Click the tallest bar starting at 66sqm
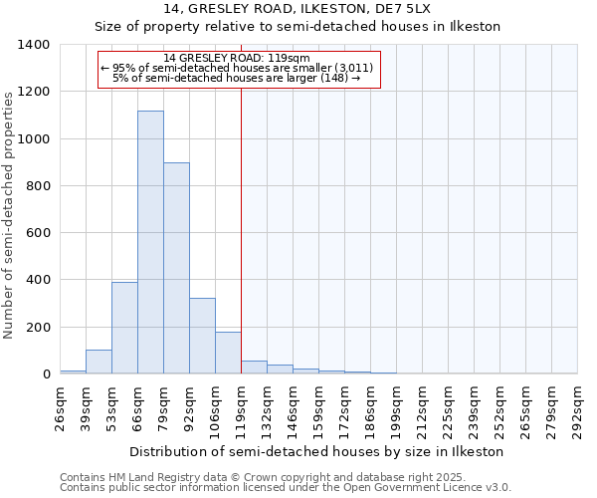(x=150, y=242)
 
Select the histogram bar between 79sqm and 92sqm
(x=176, y=268)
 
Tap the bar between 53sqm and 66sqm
(x=124, y=328)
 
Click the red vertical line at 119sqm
(x=241, y=229)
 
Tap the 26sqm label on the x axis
(x=61, y=408)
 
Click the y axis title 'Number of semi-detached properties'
(x=9, y=214)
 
